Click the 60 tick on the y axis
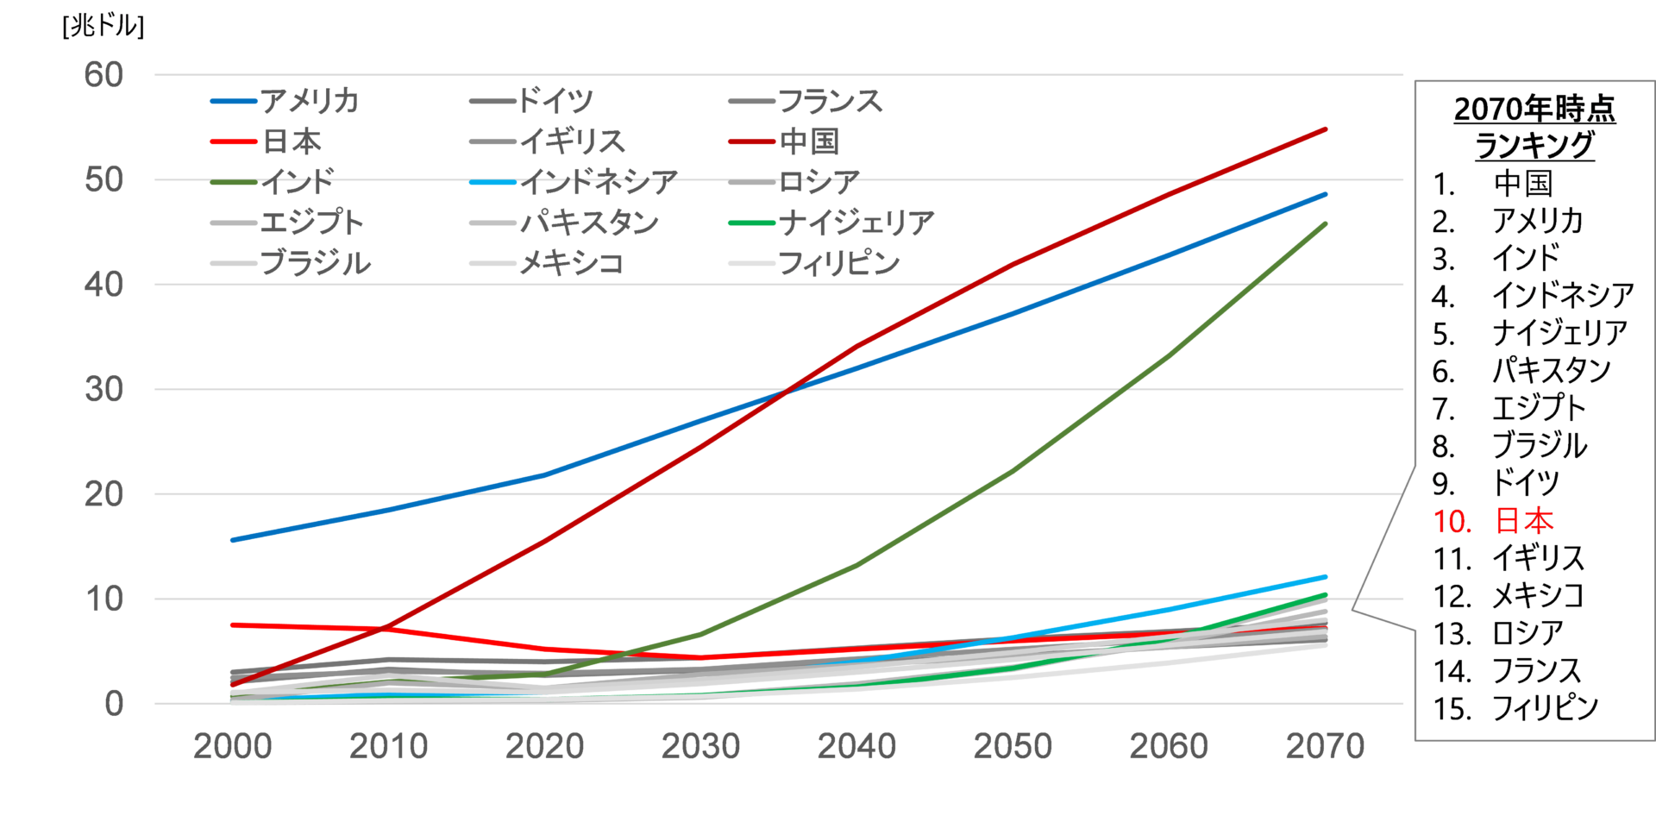pyautogui.click(x=104, y=75)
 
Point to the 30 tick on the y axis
pyautogui.click(x=104, y=390)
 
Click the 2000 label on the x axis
pyautogui.click(x=232, y=746)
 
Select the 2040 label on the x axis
pyautogui.click(x=856, y=746)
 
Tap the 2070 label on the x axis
pyautogui.click(x=1325, y=746)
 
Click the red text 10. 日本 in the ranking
pyautogui.click(x=1493, y=521)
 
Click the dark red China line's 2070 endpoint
pyautogui.click(x=1325, y=129)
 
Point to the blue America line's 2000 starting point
pyautogui.click(x=233, y=540)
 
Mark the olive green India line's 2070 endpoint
pyautogui.click(x=1325, y=224)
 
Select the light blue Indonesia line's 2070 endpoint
pyautogui.click(x=1325, y=576)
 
